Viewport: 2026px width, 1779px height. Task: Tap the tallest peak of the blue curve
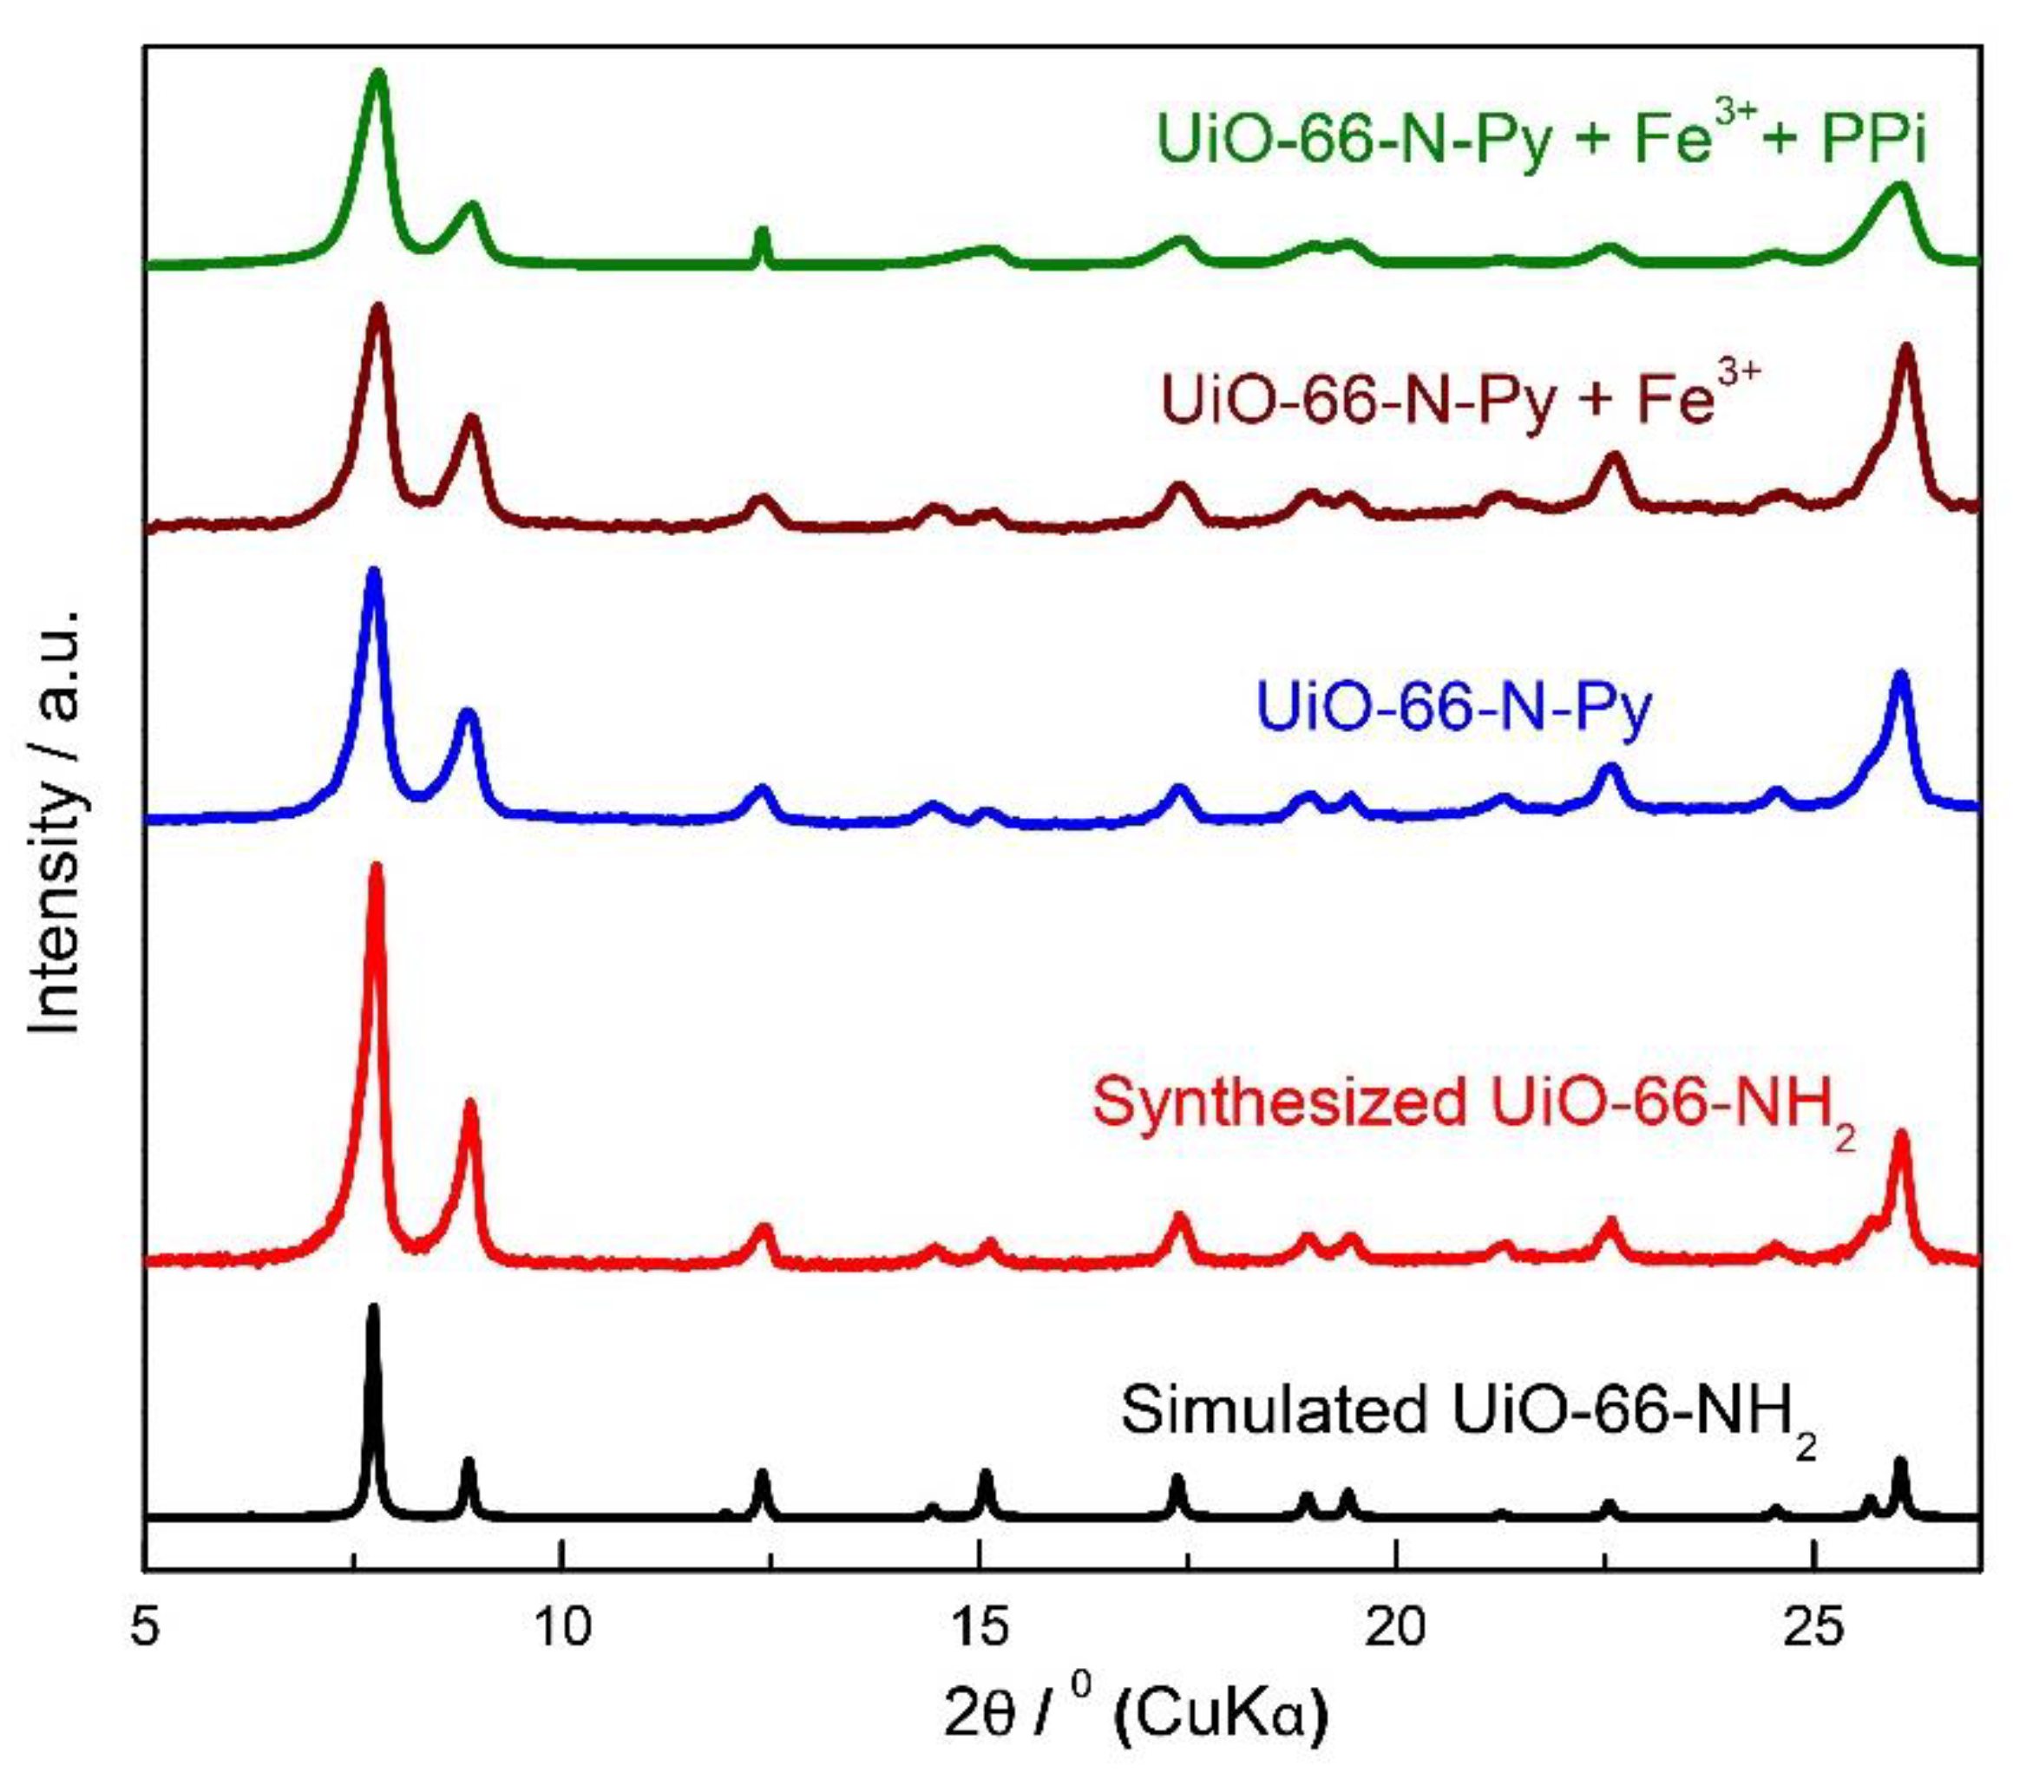click(x=374, y=572)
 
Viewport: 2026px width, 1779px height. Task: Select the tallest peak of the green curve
click(x=377, y=75)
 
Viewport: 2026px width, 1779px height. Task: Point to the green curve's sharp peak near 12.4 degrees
click(x=761, y=232)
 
